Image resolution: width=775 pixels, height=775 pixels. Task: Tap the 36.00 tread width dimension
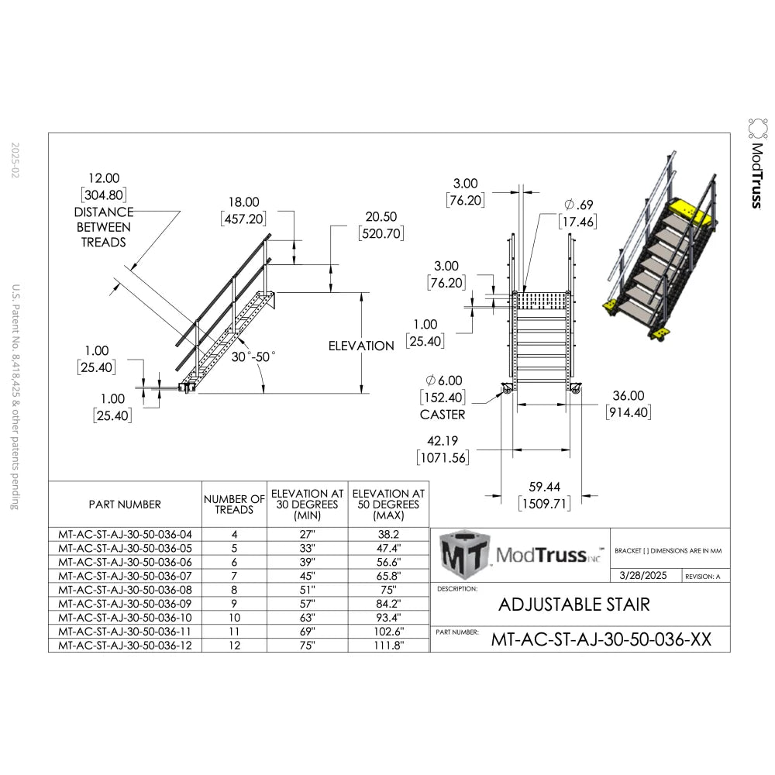tap(629, 395)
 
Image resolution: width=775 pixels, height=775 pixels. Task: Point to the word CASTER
tap(443, 415)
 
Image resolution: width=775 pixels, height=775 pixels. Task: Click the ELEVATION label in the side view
tap(361, 346)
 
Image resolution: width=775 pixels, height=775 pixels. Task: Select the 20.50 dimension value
tap(381, 218)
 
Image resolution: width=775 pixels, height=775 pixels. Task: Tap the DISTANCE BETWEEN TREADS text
tap(103, 227)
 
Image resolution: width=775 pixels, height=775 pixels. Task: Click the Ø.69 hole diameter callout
tap(580, 205)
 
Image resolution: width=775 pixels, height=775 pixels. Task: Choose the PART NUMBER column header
tap(125, 505)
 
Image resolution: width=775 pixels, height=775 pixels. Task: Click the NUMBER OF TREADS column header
tap(234, 505)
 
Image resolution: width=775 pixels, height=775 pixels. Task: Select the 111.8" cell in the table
tap(387, 646)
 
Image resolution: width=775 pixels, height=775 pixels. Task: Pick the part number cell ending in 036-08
tap(125, 590)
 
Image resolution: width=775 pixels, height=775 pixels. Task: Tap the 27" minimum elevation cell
tap(307, 534)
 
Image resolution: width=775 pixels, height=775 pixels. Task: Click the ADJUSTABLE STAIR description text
tap(573, 604)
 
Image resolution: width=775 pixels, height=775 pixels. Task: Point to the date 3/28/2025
tap(642, 576)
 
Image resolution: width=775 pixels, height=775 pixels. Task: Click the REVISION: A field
tap(703, 577)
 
